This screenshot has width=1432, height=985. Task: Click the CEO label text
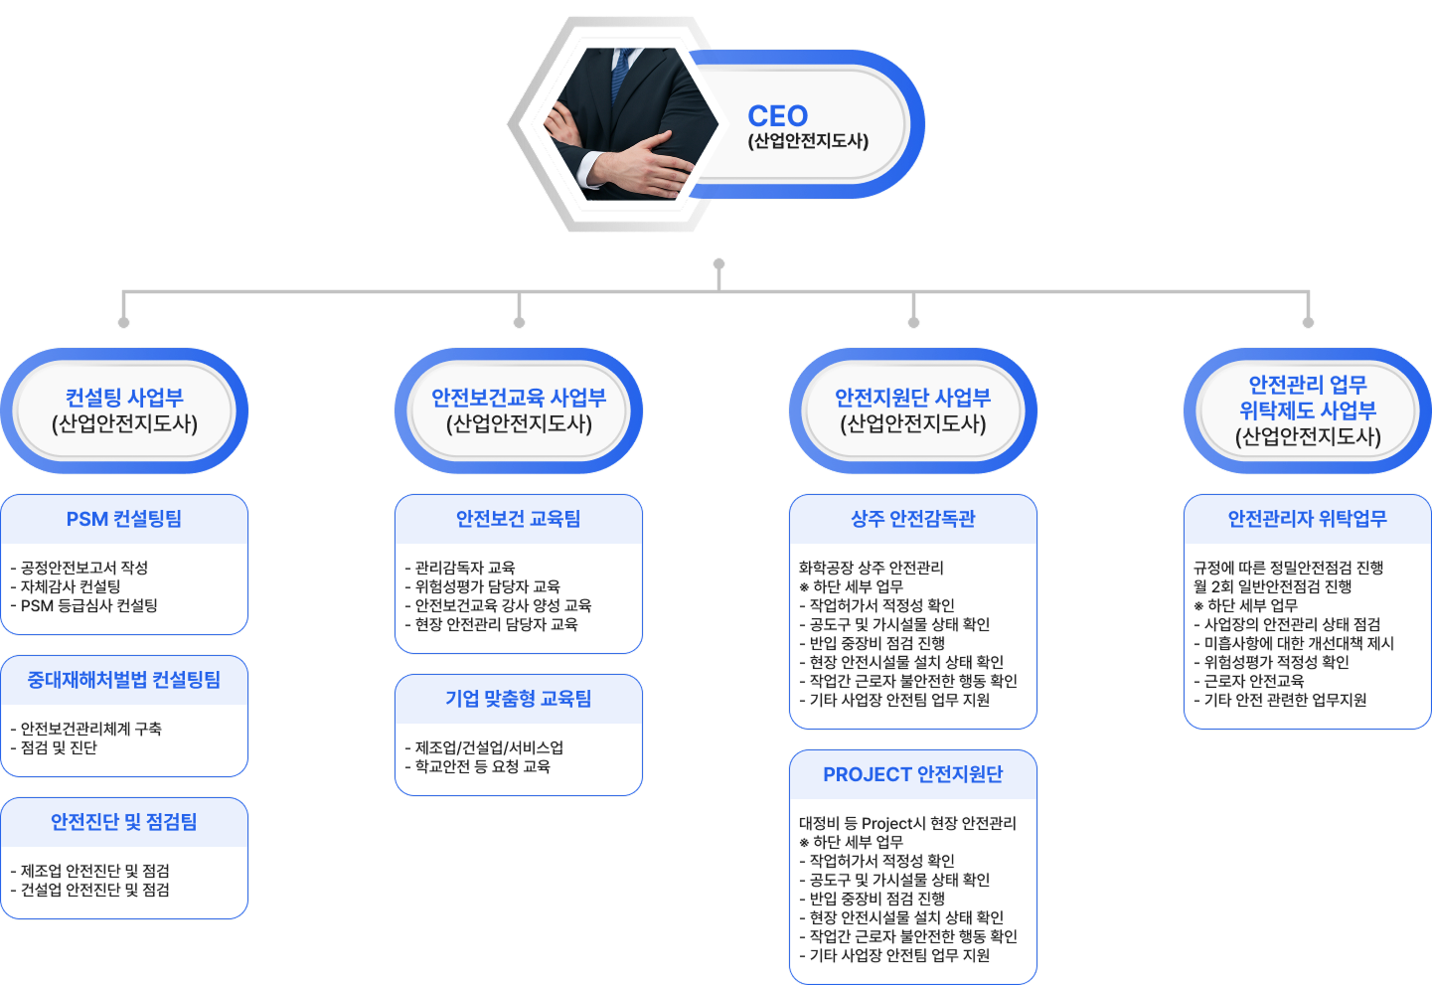pyautogui.click(x=777, y=116)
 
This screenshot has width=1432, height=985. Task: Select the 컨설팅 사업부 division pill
pyautogui.click(x=124, y=410)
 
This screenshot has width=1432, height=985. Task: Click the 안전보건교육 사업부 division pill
pyautogui.click(x=519, y=410)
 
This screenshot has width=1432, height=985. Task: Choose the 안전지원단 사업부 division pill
pyautogui.click(x=913, y=410)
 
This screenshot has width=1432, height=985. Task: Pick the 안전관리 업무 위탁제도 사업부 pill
pyautogui.click(x=1308, y=410)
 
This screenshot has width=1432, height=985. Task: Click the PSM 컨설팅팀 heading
pyautogui.click(x=124, y=519)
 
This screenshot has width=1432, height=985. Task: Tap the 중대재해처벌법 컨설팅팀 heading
pyautogui.click(x=124, y=680)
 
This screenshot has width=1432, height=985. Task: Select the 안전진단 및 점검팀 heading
pyautogui.click(x=124, y=822)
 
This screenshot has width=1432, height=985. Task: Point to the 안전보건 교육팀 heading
pyautogui.click(x=519, y=519)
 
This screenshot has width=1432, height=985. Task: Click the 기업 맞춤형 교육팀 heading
pyautogui.click(x=519, y=699)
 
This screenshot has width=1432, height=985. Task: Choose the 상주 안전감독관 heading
pyautogui.click(x=913, y=519)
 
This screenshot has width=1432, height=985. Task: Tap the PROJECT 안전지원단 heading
pyautogui.click(x=913, y=774)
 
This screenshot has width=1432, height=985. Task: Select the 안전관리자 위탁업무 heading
pyautogui.click(x=1308, y=519)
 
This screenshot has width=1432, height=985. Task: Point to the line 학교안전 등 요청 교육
pyautogui.click(x=482, y=766)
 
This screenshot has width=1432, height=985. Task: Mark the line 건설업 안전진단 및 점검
pyautogui.click(x=94, y=890)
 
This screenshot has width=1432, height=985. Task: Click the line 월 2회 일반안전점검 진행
pyautogui.click(x=1273, y=586)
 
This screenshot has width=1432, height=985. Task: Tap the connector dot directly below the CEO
pyautogui.click(x=718, y=264)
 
